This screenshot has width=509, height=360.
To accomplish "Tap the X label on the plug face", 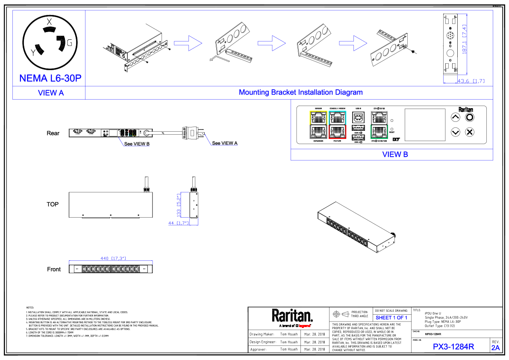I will (x=49, y=22).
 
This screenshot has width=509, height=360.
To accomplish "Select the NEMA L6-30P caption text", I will (x=50, y=78).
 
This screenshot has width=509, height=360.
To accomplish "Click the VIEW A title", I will (x=51, y=93).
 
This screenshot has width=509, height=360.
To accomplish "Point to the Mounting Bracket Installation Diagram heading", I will (x=300, y=92).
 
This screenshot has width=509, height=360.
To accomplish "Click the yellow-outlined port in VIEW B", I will (x=318, y=117).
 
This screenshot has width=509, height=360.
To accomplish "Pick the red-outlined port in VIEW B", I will (x=338, y=131).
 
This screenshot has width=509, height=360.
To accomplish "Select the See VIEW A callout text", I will (x=225, y=143).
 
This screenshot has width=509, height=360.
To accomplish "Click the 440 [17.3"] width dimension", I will (x=113, y=258).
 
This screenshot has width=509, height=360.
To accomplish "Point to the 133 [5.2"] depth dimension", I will (x=179, y=206).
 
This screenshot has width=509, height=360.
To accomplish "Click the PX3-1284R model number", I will (x=453, y=347).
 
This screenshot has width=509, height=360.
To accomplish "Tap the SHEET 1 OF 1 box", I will (x=391, y=318).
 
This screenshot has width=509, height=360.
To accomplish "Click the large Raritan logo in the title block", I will (x=292, y=316).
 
